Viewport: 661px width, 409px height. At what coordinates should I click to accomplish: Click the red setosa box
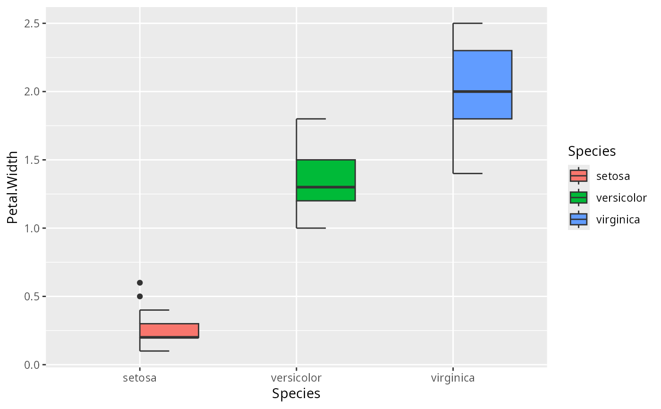pos(169,330)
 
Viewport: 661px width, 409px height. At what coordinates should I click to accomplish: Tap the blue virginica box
pos(483,71)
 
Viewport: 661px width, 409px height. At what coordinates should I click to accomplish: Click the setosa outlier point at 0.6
pos(140,282)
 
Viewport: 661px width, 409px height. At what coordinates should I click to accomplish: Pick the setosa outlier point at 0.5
pos(140,296)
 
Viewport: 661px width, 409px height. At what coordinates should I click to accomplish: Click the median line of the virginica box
pos(483,91)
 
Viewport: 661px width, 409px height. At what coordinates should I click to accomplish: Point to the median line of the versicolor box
pos(326,187)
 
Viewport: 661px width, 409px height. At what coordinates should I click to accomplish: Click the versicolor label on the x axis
pos(296,378)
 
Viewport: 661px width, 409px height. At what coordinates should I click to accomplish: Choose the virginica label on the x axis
pos(453,378)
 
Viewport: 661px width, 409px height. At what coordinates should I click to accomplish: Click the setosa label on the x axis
pos(140,378)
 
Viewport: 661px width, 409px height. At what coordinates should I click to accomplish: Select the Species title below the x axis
pos(296,394)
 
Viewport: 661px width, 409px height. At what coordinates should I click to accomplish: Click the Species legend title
pos(592,151)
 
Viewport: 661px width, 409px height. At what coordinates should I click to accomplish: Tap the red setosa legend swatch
pos(578,176)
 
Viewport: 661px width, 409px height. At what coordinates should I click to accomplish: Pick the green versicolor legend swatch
pos(578,197)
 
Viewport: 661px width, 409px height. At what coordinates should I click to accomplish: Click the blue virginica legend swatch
pos(578,219)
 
